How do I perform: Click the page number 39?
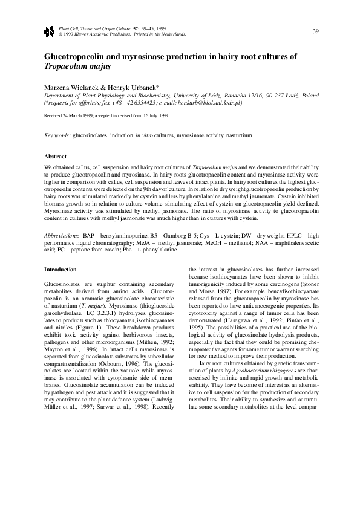pyautogui.click(x=316, y=31)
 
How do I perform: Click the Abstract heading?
pyautogui.click(x=56, y=155)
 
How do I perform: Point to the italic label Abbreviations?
pyautogui.click(x=62, y=234)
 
